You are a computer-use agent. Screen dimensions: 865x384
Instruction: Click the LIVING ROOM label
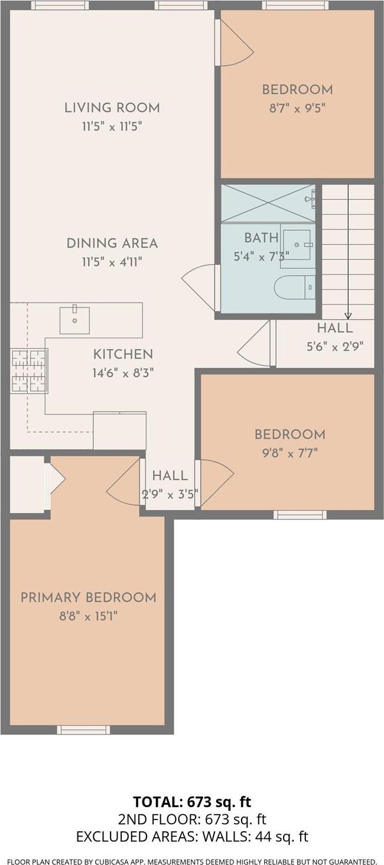pyautogui.click(x=112, y=108)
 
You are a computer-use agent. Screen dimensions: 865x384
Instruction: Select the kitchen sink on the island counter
pyautogui.click(x=74, y=320)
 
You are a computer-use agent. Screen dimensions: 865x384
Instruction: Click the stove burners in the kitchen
pyautogui.click(x=29, y=370)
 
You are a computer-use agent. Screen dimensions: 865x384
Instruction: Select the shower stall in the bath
pyautogui.click(x=268, y=203)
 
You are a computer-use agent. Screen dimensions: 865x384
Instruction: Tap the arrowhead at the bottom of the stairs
pyautogui.click(x=348, y=315)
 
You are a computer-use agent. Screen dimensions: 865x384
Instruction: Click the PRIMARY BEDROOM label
pyautogui.click(x=88, y=597)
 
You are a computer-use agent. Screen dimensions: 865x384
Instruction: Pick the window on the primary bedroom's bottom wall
pyautogui.click(x=83, y=730)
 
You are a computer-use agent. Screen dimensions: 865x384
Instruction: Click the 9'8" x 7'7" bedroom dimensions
pyautogui.click(x=289, y=453)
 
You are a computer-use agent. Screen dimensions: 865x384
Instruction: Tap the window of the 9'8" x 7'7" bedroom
pyautogui.click(x=300, y=515)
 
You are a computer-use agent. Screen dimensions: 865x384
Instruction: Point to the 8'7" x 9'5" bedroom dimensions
pyautogui.click(x=297, y=108)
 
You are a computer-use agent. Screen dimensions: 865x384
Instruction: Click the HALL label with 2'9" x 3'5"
pyautogui.click(x=170, y=476)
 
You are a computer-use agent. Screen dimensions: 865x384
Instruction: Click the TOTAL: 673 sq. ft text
pyautogui.click(x=191, y=802)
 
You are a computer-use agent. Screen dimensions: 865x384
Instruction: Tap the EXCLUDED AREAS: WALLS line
pyautogui.click(x=191, y=837)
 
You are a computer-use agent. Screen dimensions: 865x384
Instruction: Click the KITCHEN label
pyautogui.click(x=123, y=355)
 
